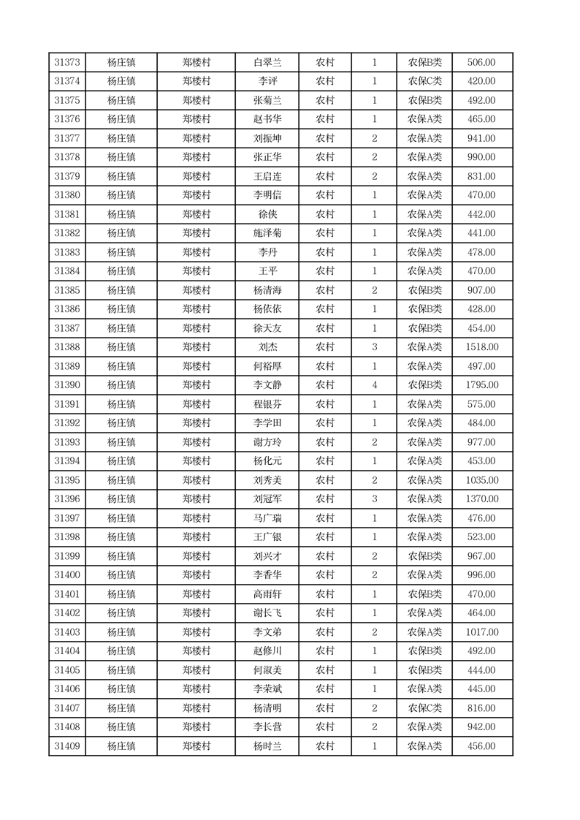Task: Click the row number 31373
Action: point(67,63)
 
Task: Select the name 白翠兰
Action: point(267,63)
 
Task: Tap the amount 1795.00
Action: point(481,385)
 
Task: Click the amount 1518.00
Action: point(481,347)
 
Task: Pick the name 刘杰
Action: point(267,347)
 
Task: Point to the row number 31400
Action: point(67,575)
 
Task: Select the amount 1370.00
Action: point(481,499)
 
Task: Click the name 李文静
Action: point(267,385)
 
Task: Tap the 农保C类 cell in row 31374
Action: point(424,82)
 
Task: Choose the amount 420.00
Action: point(481,82)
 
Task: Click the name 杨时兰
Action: point(267,746)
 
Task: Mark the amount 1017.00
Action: point(481,632)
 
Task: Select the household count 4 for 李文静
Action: point(375,385)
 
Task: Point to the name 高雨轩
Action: point(267,594)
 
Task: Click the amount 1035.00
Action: point(481,480)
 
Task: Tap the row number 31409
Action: point(67,746)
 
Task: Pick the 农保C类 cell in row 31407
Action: point(424,708)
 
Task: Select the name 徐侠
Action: point(267,214)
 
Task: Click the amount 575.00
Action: point(481,404)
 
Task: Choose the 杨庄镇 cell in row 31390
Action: point(121,385)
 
